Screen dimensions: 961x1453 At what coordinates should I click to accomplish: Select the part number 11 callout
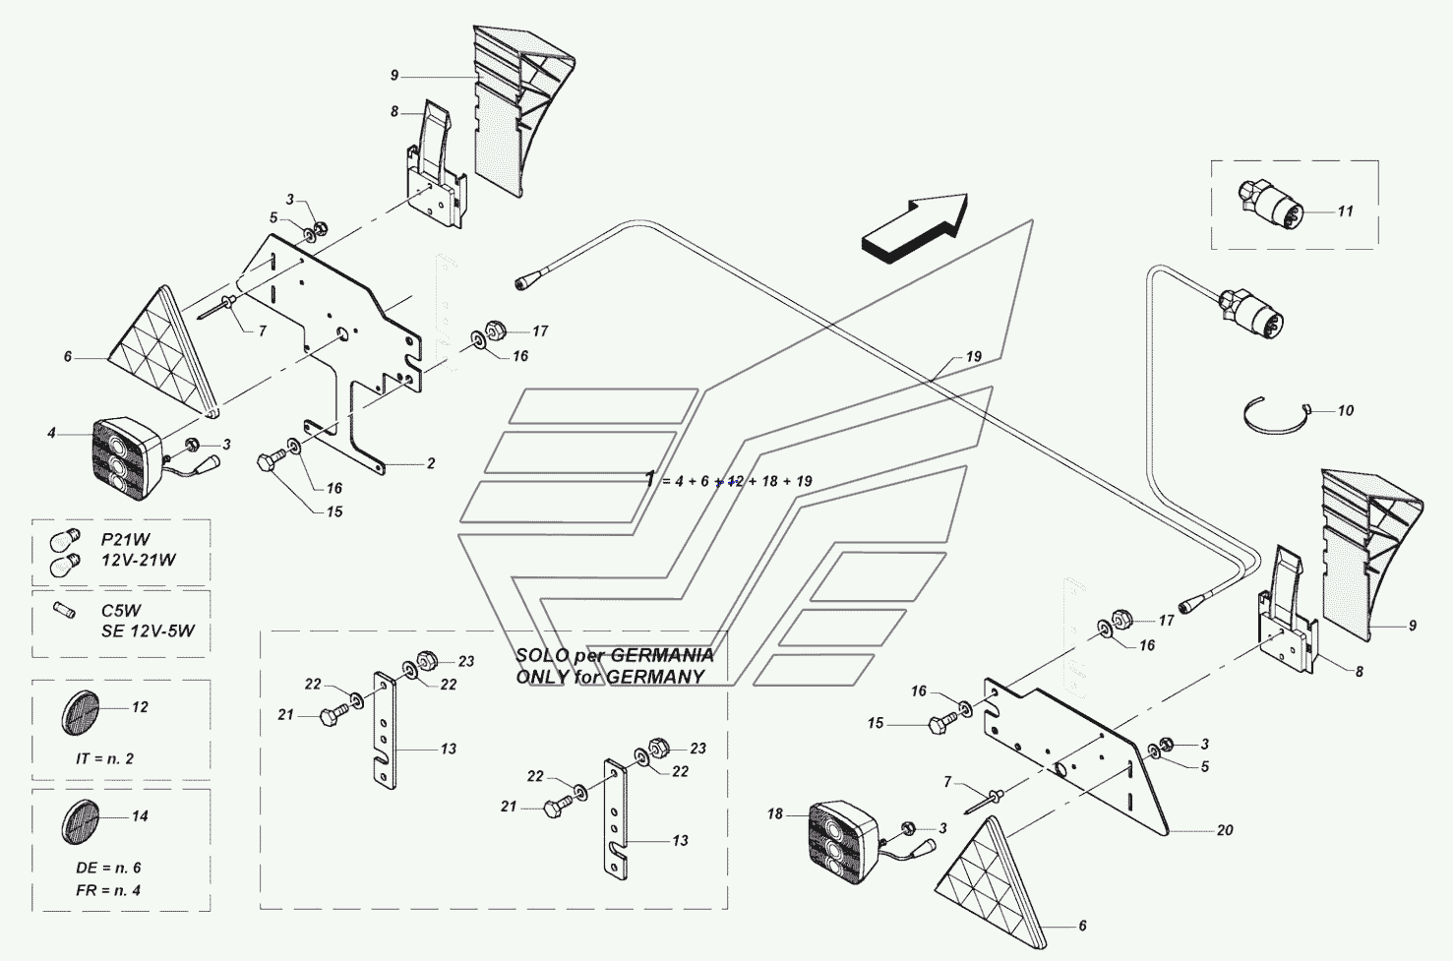[1345, 211]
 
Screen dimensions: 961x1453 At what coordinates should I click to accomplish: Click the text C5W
[120, 611]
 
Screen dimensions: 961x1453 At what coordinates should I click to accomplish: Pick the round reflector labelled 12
[82, 710]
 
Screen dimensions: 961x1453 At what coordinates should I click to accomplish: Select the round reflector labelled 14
[82, 819]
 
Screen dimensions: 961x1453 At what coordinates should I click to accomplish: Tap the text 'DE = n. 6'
[108, 869]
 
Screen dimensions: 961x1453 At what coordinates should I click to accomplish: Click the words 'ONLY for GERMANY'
[610, 677]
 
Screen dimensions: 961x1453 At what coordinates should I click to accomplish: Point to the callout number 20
[1224, 830]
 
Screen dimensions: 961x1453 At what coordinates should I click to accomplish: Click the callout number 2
[430, 463]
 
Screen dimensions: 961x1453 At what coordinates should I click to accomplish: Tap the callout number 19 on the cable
[973, 357]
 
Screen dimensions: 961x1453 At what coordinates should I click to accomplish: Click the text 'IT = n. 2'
[104, 758]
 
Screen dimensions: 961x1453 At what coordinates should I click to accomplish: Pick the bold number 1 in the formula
[650, 479]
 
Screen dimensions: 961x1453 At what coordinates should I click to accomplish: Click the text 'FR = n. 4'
[108, 890]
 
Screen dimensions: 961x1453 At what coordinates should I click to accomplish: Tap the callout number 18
[775, 813]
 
